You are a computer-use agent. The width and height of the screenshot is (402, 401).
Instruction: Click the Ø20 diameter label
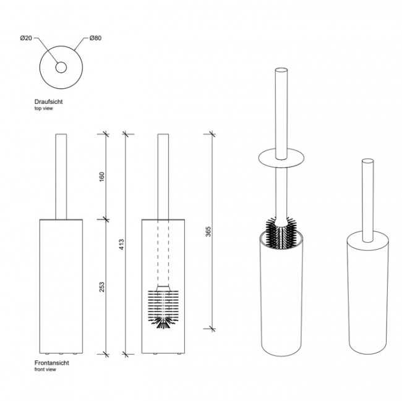pyautogui.click(x=26, y=38)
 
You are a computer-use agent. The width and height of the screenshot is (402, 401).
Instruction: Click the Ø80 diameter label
pyautogui.click(x=95, y=38)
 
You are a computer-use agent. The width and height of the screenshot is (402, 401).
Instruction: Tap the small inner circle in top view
pyautogui.click(x=61, y=67)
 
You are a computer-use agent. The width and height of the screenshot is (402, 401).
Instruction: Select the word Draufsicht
pyautogui.click(x=48, y=102)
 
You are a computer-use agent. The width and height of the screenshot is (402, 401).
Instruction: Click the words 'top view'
pyautogui.click(x=43, y=108)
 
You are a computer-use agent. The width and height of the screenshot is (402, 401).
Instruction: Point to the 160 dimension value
pyautogui.click(x=102, y=177)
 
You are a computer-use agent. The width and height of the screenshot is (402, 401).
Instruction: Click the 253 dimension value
pyautogui.click(x=102, y=287)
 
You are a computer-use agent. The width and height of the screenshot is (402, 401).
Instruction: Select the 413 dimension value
pyautogui.click(x=121, y=244)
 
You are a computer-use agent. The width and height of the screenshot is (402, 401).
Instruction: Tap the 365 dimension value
pyautogui.click(x=208, y=232)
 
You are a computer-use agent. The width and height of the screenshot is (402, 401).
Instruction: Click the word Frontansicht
pyautogui.click(x=52, y=363)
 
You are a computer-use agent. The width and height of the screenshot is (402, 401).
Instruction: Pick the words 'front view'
pyautogui.click(x=45, y=369)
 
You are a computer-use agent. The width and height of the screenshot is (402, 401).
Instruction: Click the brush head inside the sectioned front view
pyautogui.click(x=163, y=308)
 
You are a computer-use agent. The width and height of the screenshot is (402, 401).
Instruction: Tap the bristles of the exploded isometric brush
pyautogui.click(x=281, y=233)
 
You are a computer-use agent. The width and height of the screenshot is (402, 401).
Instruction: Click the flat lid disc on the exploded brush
pyautogui.click(x=281, y=158)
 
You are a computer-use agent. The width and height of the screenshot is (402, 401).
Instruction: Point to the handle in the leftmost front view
pyautogui.click(x=61, y=177)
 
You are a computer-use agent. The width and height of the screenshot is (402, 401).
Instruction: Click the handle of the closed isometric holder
pyautogui.click(x=367, y=200)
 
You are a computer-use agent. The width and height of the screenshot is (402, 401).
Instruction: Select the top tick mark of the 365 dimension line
pyautogui.click(x=212, y=134)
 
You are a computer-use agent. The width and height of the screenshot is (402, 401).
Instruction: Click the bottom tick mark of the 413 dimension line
pyautogui.click(x=125, y=355)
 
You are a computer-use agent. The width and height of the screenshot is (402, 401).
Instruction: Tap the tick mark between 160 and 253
pyautogui.click(x=106, y=219)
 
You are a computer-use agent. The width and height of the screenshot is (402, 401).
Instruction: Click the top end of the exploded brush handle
pyautogui.click(x=281, y=70)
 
